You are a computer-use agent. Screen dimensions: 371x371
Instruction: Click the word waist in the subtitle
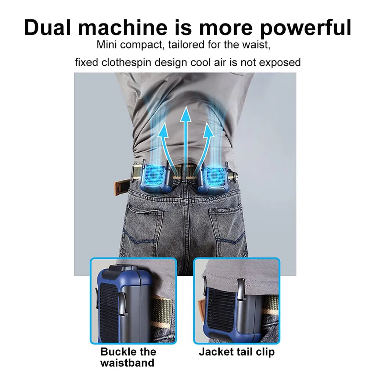coord(259,46)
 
